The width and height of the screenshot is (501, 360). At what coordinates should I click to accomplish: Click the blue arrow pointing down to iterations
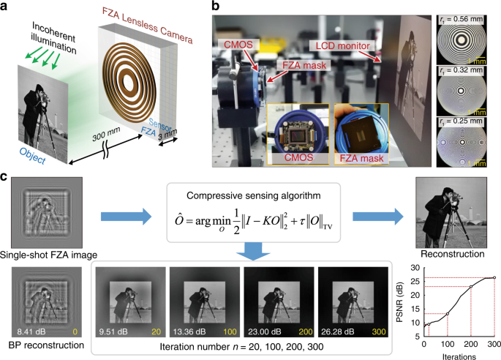pyautogui.click(x=252, y=251)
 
